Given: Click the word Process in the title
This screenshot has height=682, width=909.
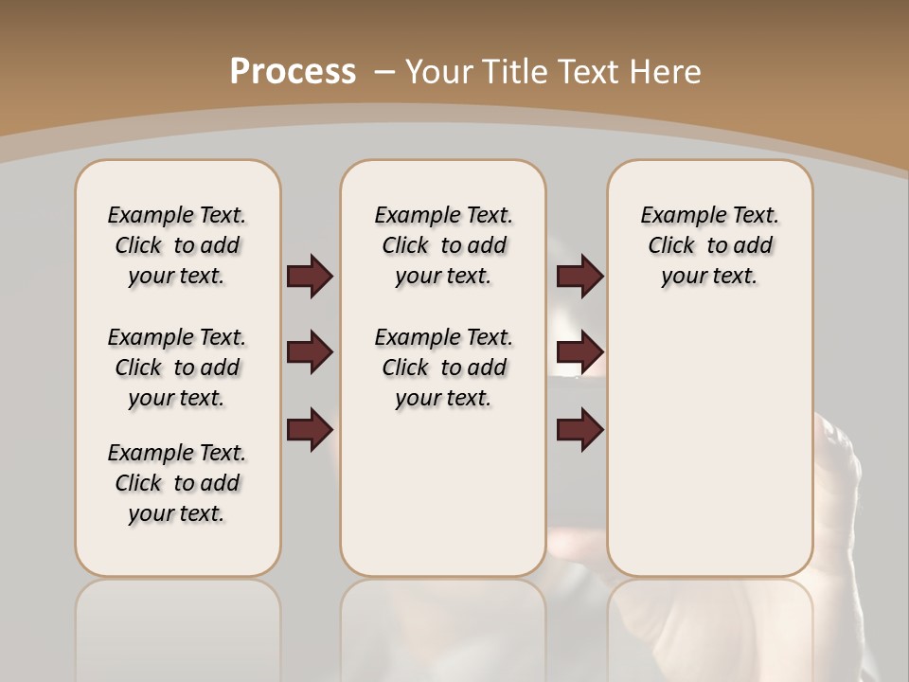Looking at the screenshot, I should point(293,71).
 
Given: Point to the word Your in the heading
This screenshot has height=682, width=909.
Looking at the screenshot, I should point(440,71).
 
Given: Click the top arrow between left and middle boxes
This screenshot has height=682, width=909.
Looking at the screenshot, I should point(310,276).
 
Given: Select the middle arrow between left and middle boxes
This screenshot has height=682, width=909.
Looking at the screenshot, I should point(310,352).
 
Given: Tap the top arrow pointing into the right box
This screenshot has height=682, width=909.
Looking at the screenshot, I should point(579,276).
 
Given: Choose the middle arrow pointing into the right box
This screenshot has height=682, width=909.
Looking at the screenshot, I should point(579,352).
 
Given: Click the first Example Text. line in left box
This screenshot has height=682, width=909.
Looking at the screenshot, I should point(177,215).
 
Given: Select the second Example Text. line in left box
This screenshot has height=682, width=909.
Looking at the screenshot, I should point(177,337).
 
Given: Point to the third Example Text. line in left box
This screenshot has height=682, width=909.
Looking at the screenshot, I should point(177,453).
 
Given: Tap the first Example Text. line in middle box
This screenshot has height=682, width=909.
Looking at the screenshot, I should point(443,215).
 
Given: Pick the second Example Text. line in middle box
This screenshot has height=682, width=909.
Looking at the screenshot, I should point(443,337).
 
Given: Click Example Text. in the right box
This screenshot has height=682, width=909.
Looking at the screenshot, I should point(709,215).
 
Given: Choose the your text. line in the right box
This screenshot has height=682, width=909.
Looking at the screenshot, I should point(709,276).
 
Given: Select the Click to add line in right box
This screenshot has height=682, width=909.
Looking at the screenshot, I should point(710,245).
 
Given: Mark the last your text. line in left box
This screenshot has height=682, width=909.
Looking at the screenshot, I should point(176,513).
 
